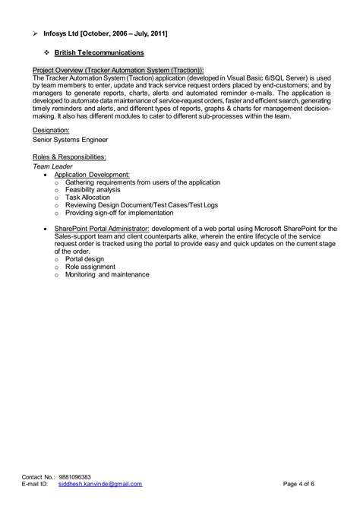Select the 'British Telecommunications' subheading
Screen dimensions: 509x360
[99, 52]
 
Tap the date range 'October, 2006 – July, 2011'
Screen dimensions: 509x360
[128, 33]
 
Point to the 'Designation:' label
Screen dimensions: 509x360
[52, 131]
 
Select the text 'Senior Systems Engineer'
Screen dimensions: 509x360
[70, 140]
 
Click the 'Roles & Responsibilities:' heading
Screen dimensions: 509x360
[70, 156]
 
